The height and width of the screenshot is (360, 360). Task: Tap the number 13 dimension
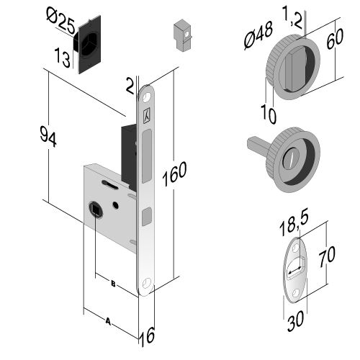(62, 58)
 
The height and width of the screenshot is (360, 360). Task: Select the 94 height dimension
(48, 137)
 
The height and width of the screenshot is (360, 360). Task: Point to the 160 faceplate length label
(174, 174)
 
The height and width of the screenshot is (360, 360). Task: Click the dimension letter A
(108, 321)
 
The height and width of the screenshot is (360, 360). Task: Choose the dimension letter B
(113, 284)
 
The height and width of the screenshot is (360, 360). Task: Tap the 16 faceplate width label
(147, 337)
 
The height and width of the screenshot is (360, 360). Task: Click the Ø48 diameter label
(258, 35)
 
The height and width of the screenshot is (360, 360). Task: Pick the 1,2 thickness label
(292, 17)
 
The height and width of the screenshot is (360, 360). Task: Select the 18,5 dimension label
(294, 224)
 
